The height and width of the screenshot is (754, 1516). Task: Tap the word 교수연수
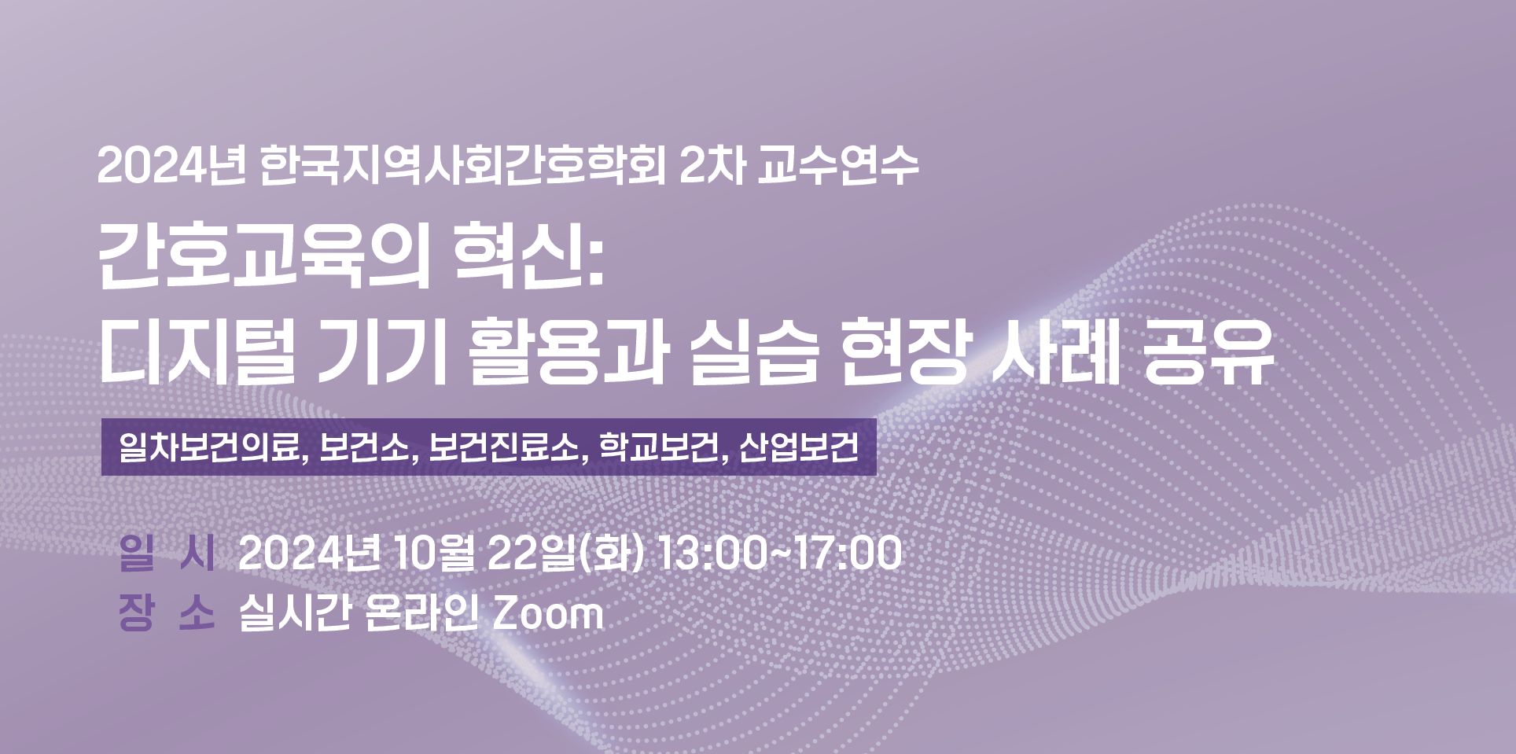coord(838,166)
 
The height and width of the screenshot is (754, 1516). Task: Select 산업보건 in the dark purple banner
coord(798,447)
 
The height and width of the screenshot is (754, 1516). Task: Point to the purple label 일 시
coord(167,553)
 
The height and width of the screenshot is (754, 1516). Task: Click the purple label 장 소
coord(167,613)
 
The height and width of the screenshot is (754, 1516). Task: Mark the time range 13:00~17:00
coord(779,553)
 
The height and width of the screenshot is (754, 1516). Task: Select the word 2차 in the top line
coord(712,166)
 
